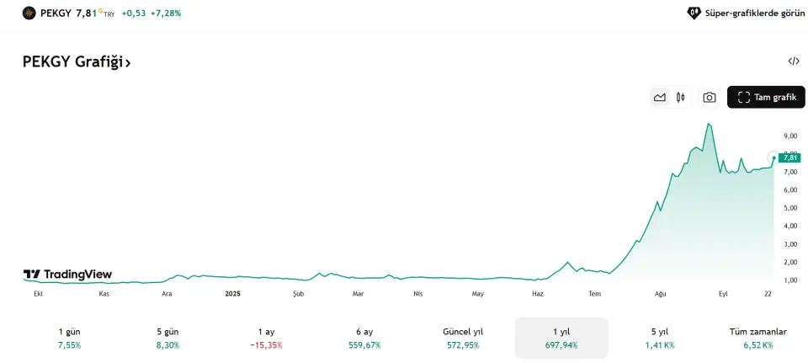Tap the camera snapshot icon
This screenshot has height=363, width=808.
710,98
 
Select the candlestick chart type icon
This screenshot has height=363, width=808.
680,98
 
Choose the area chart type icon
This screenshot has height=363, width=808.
660,98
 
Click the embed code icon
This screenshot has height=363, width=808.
794,61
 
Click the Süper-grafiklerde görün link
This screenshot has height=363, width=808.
746,13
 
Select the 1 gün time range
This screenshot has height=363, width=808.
69,338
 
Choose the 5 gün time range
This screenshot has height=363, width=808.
167,338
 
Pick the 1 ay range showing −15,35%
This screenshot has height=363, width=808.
266,338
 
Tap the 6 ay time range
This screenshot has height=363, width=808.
364,338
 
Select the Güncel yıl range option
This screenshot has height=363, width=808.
463,338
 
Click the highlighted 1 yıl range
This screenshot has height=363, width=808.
561,338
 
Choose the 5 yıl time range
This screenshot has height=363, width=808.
660,338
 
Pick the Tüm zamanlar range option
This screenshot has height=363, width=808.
757,338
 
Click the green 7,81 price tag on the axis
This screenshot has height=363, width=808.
790,157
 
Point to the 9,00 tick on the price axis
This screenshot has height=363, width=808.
790,136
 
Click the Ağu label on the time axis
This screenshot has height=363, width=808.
661,293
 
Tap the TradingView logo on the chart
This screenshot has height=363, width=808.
67,275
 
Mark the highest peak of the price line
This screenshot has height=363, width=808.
709,124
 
